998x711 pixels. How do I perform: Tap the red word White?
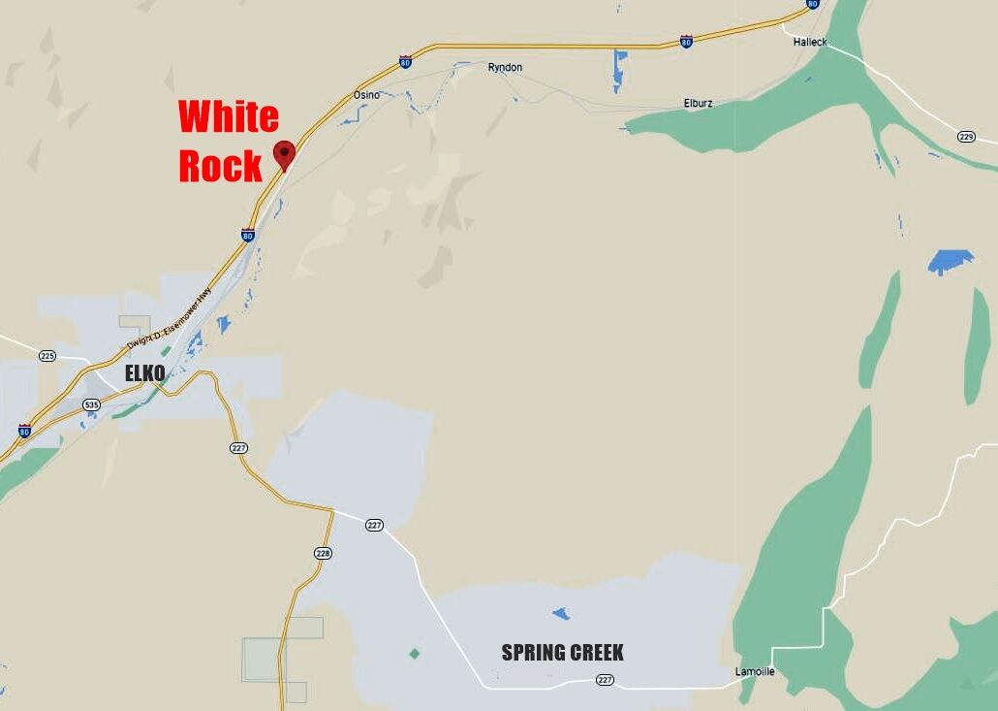pos(229,117)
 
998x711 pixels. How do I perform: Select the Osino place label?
pos(366,95)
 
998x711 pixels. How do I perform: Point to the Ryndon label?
pos(505,67)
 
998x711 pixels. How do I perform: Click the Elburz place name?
pos(699,103)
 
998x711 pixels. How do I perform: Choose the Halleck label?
pos(810,43)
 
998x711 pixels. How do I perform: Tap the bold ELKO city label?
pos(144,372)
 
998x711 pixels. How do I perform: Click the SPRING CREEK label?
pos(562,653)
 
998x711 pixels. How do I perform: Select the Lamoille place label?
pos(755,671)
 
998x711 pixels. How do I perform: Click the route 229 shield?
pos(966,137)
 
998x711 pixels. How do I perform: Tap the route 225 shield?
pos(47,356)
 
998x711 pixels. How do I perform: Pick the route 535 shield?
pos(91,404)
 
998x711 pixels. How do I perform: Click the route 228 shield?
pos(323,553)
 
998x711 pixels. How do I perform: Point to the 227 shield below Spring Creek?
pos(606,680)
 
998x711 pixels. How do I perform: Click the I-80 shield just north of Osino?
pos(405,63)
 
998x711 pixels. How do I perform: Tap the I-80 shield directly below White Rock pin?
pos(248,235)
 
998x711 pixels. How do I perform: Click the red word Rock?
pos(220,166)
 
